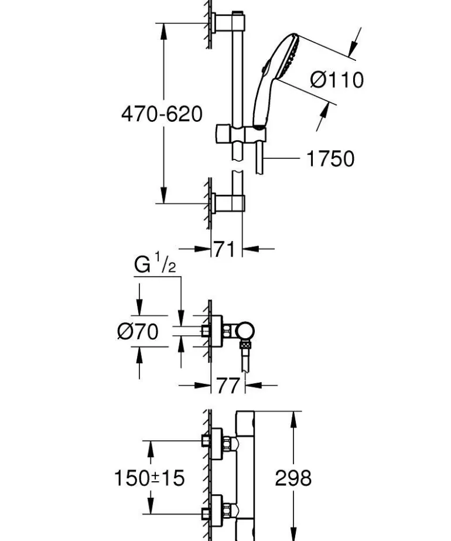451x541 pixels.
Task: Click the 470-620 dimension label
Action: (162, 114)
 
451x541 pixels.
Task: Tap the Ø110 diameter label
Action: (337, 80)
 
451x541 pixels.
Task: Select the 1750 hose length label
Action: (330, 158)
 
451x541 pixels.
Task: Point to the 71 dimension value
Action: (225, 249)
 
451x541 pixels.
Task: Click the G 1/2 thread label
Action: (155, 265)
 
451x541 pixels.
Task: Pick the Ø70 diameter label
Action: (138, 332)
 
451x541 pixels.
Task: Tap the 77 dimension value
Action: (227, 386)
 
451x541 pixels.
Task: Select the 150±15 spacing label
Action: (149, 478)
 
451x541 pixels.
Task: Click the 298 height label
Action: (293, 478)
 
